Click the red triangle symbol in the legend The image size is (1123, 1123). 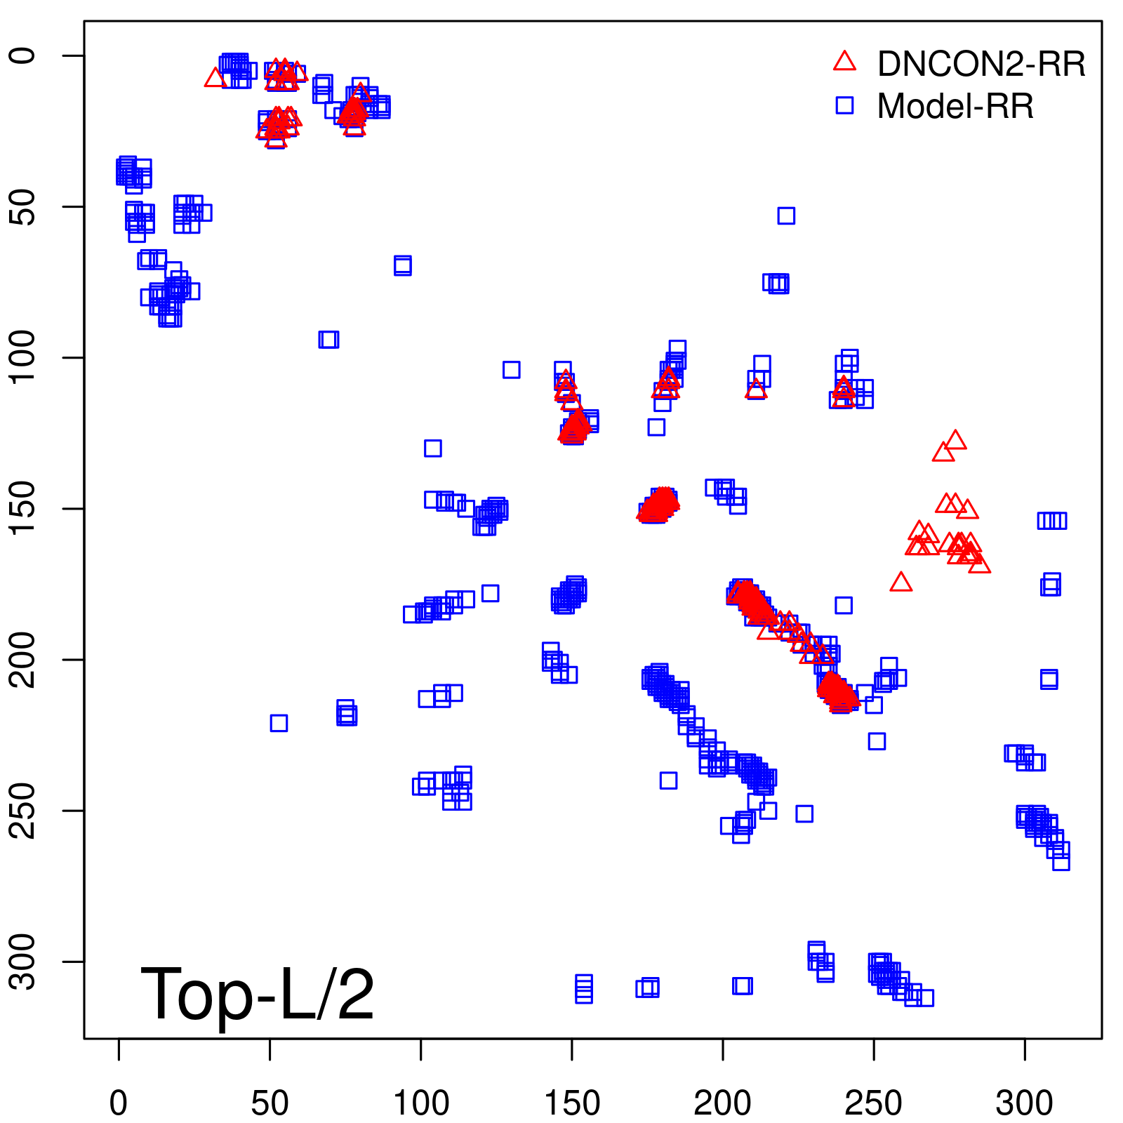click(x=844, y=62)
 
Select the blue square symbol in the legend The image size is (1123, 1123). click(x=844, y=105)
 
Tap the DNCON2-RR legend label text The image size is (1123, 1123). click(x=981, y=65)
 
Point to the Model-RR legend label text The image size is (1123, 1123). click(x=955, y=107)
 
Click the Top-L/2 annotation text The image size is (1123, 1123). click(x=257, y=994)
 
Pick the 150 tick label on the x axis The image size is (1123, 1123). click(x=572, y=1103)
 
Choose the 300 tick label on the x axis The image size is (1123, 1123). click(x=1024, y=1103)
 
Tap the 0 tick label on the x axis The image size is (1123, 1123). click(x=119, y=1103)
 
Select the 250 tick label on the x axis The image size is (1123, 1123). click(x=873, y=1103)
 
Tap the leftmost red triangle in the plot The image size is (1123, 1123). click(x=215, y=78)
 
